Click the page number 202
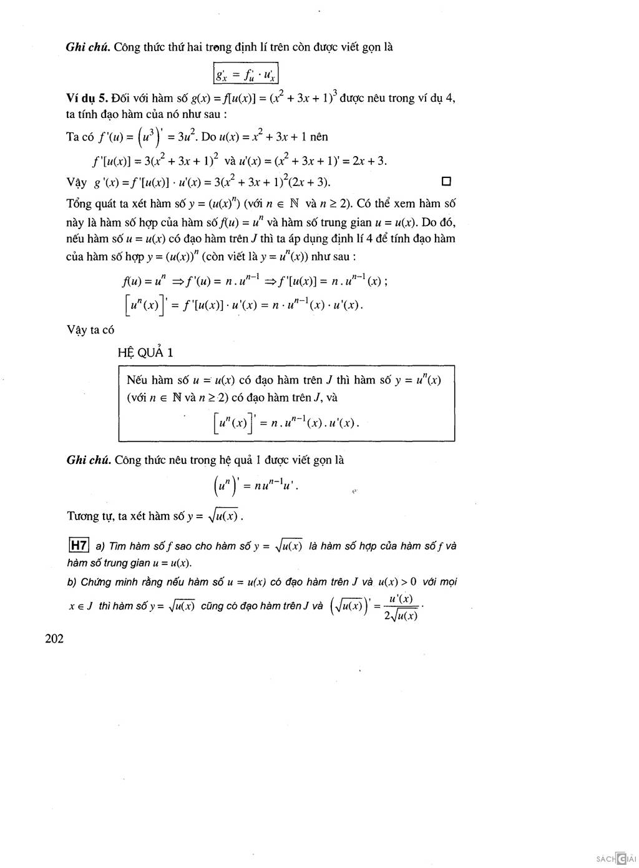[x=54, y=638]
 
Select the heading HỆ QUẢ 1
[x=145, y=353]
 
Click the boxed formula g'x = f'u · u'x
[x=245, y=74]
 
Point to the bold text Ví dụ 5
[x=87, y=98]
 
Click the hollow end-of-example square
[x=446, y=182]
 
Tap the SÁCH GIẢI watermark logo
[x=615, y=859]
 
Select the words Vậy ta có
[x=90, y=330]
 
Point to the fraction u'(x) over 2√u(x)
[x=401, y=607]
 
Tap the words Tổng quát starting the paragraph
[x=90, y=204]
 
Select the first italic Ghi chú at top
[x=88, y=47]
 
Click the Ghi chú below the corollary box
[x=89, y=460]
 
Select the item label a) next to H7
[x=100, y=546]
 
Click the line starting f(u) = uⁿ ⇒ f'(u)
[x=255, y=281]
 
